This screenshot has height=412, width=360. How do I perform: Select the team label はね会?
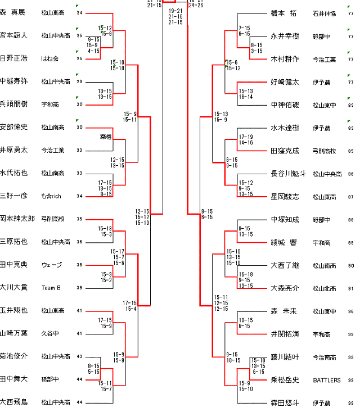49,58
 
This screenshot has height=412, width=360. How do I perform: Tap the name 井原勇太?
13,150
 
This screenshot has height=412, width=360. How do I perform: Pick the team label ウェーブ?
51,265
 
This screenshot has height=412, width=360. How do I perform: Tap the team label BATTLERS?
327,380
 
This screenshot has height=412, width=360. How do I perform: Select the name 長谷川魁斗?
289,174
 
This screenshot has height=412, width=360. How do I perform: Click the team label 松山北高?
325,288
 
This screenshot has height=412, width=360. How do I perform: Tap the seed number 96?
350,311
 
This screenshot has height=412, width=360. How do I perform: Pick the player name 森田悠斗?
285,402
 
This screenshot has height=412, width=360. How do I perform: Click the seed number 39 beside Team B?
79,288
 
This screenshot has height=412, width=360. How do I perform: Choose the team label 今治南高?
325,357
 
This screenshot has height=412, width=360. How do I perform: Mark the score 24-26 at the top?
196,5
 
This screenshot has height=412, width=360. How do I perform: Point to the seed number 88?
350,220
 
